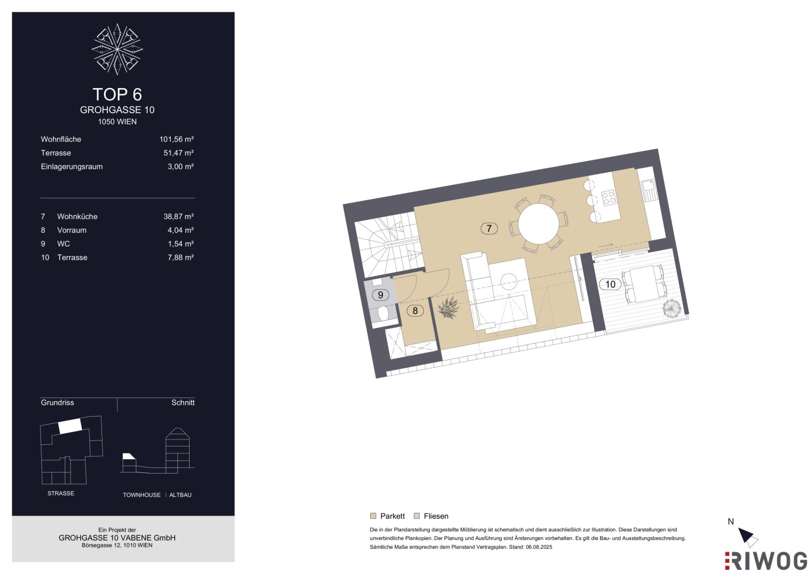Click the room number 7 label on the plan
tap(489, 229)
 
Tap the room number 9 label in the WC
tap(380, 295)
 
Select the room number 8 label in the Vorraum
tap(415, 310)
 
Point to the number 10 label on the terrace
tap(610, 284)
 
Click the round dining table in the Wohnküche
tap(538, 224)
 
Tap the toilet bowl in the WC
tap(383, 314)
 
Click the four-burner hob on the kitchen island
tap(608, 198)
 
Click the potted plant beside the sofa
tap(448, 308)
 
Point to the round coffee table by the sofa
tap(508, 281)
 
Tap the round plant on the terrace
tap(672, 308)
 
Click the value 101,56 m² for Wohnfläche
tap(176, 139)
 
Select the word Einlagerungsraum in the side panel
tap(72, 167)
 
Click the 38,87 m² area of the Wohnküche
tap(178, 216)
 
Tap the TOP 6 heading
tap(117, 94)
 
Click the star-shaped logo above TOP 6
tap(117, 49)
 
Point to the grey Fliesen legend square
tap(417, 516)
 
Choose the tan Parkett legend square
tap(373, 516)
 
